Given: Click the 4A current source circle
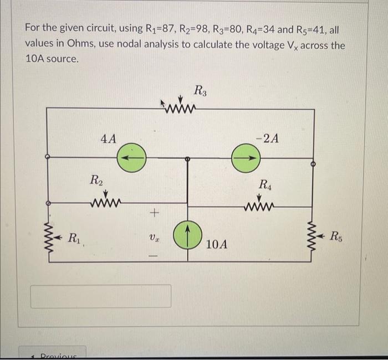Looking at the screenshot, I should click(131, 157).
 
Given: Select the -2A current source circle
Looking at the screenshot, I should click(244, 157).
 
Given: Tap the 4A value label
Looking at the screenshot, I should click(108, 138).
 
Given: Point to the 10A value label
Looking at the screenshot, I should click(216, 244).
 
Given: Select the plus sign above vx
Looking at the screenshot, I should click(155, 212).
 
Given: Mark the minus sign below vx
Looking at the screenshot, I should click(155, 256).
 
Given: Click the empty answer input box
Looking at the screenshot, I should click(100, 296).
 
